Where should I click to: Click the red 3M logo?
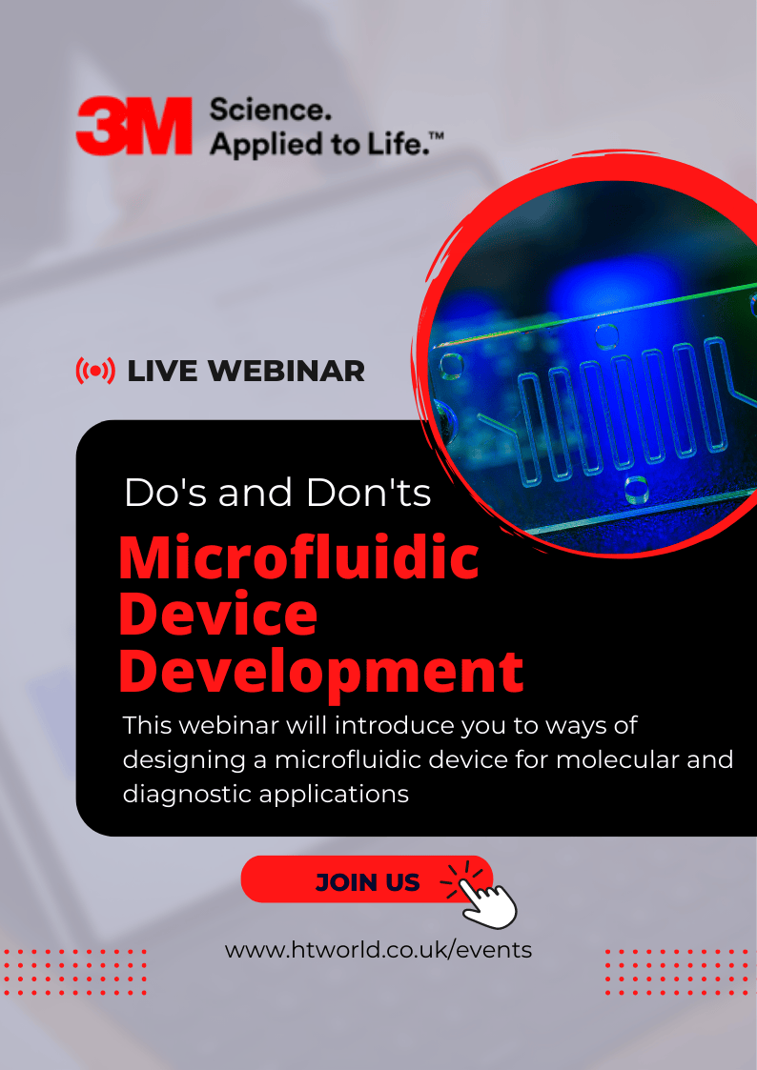click(x=133, y=126)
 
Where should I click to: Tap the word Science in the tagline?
click(x=271, y=110)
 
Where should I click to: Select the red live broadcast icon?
click(x=95, y=371)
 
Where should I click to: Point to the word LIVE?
click(x=164, y=372)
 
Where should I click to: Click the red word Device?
click(x=218, y=613)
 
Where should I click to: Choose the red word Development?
click(x=321, y=673)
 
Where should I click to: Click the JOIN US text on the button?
click(x=368, y=883)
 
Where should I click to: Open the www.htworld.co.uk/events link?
click(x=378, y=950)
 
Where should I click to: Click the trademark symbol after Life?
click(x=437, y=136)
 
